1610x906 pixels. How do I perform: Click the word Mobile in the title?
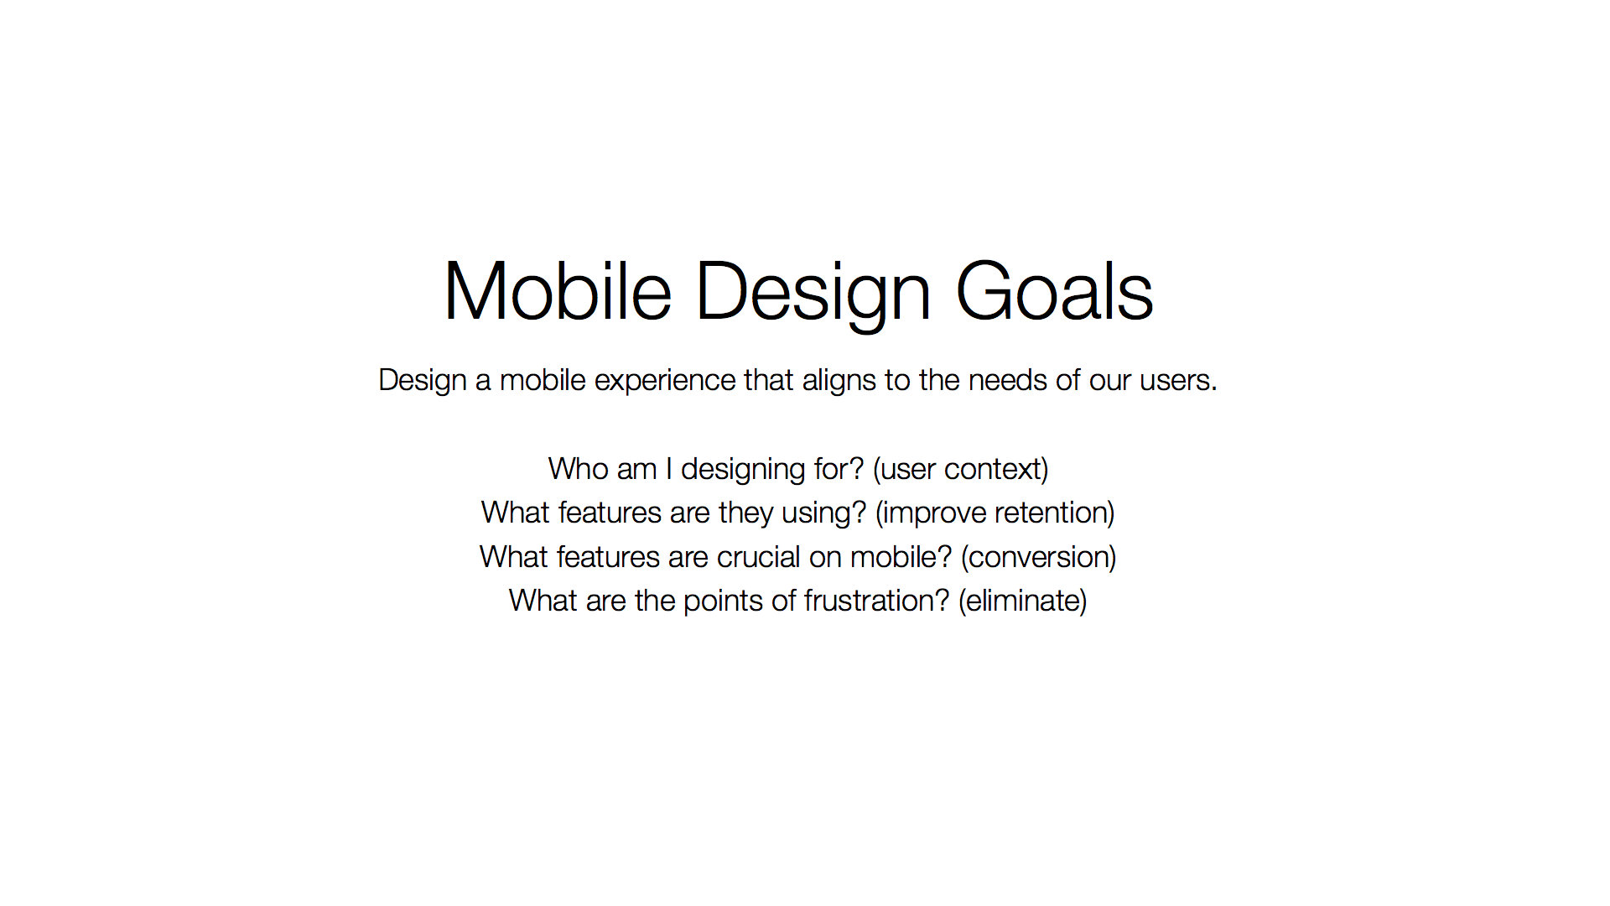[x=558, y=291]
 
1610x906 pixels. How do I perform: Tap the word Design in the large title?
[x=813, y=294]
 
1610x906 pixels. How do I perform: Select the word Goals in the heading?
[x=1054, y=291]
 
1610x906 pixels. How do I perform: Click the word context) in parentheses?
[x=996, y=470]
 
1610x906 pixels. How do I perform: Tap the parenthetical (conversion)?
[x=1039, y=558]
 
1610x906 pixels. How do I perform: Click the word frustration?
[x=876, y=601]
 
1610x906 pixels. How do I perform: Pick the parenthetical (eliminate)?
[x=1023, y=601]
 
